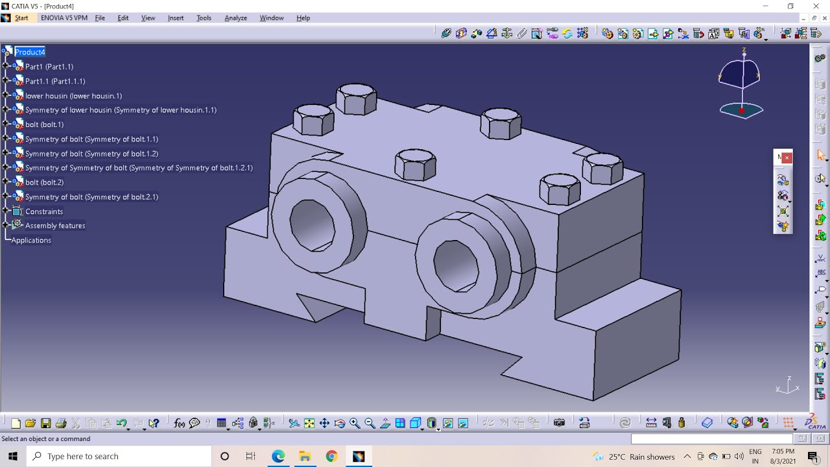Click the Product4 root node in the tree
pyautogui.click(x=30, y=52)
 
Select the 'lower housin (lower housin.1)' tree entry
pyautogui.click(x=73, y=96)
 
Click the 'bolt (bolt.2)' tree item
pyautogui.click(x=44, y=182)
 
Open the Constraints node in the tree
pyautogui.click(x=44, y=211)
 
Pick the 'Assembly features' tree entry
pyautogui.click(x=55, y=226)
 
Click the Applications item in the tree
pyautogui.click(x=31, y=241)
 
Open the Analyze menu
pyautogui.click(x=235, y=18)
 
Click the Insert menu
pyautogui.click(x=176, y=18)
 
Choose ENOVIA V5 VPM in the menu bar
pyautogui.click(x=64, y=18)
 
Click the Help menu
pyautogui.click(x=303, y=18)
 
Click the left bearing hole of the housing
pyautogui.click(x=312, y=224)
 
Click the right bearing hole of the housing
pyautogui.click(x=455, y=266)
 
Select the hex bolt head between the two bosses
pyautogui.click(x=415, y=165)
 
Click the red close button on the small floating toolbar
pyautogui.click(x=787, y=158)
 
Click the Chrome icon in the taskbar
pyautogui.click(x=331, y=456)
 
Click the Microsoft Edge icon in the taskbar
pyautogui.click(x=278, y=456)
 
